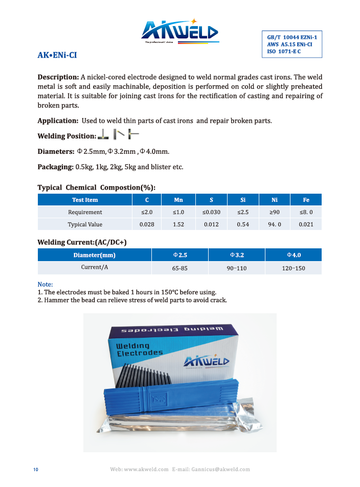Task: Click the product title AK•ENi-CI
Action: pos(57,55)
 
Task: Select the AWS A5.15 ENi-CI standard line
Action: pos(289,44)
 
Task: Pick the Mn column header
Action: pos(178,200)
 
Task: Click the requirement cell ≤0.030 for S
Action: pos(211,212)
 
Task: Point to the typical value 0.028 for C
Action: pos(147,224)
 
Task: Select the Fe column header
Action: pos(306,200)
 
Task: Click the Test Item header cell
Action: pos(85,200)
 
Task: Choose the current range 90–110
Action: pos(236,268)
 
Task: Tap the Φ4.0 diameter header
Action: pos(294,255)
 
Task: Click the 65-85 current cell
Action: pos(179,268)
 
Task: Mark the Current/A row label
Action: pos(95,267)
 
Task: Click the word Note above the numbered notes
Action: pos(45,285)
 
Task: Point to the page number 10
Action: pos(35,470)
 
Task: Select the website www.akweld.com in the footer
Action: pos(146,470)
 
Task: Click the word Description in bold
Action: pos(58,77)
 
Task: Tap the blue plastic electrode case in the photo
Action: pos(169,398)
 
